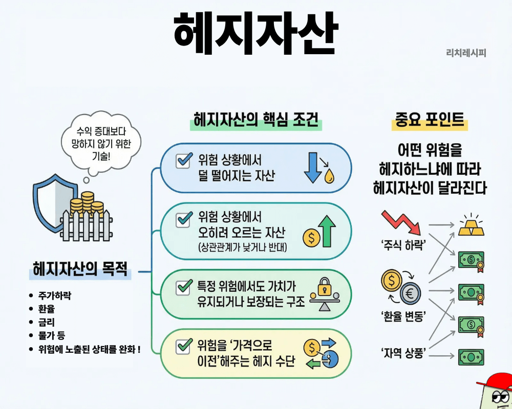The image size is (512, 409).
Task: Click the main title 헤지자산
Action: click(x=255, y=34)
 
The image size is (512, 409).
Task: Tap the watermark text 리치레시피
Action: click(x=466, y=53)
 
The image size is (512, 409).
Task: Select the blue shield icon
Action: click(x=52, y=202)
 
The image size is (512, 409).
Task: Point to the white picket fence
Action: click(x=86, y=225)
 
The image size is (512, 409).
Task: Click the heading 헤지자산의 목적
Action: click(x=80, y=269)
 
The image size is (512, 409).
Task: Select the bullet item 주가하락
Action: click(x=55, y=296)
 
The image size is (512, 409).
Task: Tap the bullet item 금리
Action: click(x=47, y=322)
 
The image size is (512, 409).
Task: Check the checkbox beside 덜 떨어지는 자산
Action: click(x=183, y=161)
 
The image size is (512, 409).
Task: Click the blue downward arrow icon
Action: click(x=312, y=167)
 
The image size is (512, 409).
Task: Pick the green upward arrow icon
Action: click(x=327, y=231)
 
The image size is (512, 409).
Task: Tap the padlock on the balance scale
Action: click(x=325, y=286)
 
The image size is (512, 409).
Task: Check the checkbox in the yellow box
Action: click(x=183, y=346)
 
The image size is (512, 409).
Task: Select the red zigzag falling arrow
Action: click(x=401, y=223)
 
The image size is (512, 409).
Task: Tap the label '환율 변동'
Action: click(x=403, y=316)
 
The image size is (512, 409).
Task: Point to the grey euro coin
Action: click(x=411, y=294)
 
